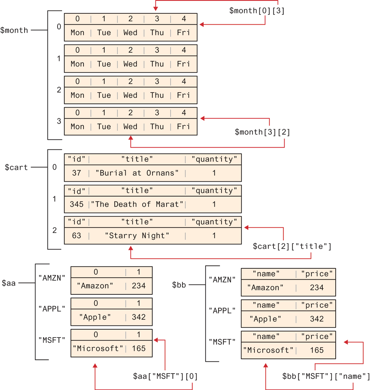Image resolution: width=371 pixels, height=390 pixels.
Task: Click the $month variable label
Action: (x=14, y=30)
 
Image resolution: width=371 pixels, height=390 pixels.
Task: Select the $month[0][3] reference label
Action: (x=257, y=11)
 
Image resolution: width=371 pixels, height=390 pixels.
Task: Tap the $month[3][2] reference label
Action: (x=263, y=132)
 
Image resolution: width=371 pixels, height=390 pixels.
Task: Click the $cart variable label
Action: (x=16, y=167)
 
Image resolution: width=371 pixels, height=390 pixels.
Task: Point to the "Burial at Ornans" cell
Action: (x=137, y=173)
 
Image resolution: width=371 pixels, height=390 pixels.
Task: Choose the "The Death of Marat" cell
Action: (x=137, y=204)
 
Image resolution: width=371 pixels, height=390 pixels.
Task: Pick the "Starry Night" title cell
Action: (x=137, y=236)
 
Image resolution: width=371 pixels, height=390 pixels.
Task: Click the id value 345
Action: (x=76, y=204)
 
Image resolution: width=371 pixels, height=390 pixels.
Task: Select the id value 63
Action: (x=76, y=236)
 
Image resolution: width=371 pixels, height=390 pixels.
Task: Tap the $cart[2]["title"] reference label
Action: (x=292, y=246)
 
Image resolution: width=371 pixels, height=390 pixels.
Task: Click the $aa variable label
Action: (x=9, y=283)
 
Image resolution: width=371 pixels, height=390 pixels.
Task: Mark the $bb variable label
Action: (x=180, y=285)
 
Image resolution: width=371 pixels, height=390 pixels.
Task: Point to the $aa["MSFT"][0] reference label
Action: (x=165, y=377)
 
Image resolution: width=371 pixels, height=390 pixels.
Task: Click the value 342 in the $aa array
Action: (x=139, y=318)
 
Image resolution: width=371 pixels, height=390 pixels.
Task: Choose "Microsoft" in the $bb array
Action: (x=268, y=350)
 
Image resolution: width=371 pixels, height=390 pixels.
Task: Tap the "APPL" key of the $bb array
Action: (x=222, y=310)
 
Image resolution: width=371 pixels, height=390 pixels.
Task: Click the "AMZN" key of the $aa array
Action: (x=52, y=277)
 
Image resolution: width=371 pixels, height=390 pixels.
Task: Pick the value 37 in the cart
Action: (x=76, y=173)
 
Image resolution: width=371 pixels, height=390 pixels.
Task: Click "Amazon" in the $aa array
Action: (x=95, y=286)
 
